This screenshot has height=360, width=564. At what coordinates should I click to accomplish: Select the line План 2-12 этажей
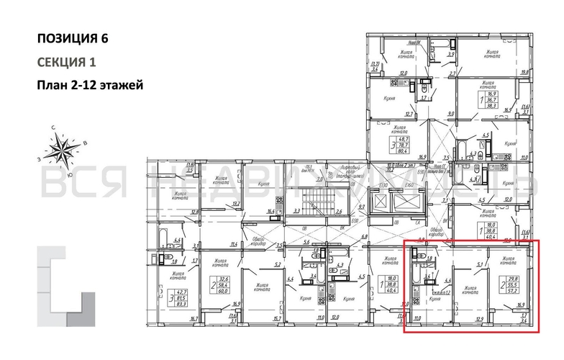click(x=90, y=86)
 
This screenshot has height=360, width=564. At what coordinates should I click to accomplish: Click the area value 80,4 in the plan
click(x=416, y=151)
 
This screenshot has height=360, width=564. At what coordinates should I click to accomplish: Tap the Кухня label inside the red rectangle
click(x=434, y=297)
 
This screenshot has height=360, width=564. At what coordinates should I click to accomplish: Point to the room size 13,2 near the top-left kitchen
click(x=235, y=204)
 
